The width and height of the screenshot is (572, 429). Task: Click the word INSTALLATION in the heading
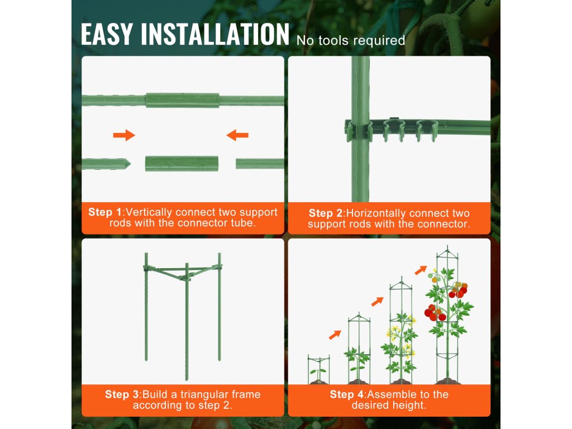click(x=215, y=34)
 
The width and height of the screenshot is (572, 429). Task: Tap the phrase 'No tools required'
click(x=351, y=40)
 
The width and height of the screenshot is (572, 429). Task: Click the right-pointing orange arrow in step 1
click(x=124, y=135)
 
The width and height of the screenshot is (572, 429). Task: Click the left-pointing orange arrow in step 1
click(x=237, y=135)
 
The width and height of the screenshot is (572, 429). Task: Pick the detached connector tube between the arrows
click(x=182, y=164)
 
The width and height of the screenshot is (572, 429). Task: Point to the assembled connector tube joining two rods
click(x=183, y=101)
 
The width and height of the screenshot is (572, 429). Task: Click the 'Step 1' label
click(x=104, y=212)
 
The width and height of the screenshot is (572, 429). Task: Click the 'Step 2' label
click(x=326, y=213)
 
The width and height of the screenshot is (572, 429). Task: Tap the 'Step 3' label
click(x=122, y=394)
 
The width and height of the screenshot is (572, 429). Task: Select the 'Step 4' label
click(x=347, y=394)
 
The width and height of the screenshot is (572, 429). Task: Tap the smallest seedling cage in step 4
click(x=318, y=369)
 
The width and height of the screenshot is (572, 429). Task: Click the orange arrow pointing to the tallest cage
click(x=421, y=270)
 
